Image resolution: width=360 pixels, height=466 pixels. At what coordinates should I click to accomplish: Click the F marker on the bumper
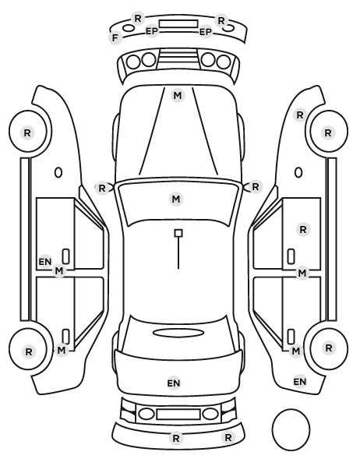115,38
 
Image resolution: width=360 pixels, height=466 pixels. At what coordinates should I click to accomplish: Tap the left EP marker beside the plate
152,31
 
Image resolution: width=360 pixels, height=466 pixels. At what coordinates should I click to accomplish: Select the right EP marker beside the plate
206,31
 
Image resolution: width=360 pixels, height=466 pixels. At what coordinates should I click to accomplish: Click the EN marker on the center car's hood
174,383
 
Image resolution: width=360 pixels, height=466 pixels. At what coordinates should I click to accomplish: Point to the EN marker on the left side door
45,262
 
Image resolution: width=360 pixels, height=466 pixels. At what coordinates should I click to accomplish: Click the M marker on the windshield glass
176,199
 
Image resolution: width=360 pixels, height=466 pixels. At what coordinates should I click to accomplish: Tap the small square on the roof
178,233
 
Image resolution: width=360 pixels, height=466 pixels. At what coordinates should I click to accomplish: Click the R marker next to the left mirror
101,188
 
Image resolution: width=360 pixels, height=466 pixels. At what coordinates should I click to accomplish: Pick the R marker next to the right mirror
256,187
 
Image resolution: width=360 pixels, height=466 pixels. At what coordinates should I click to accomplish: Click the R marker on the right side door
303,229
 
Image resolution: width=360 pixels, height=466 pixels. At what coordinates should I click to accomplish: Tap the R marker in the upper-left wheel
27,132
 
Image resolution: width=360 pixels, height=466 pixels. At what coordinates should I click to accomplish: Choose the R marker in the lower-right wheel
328,348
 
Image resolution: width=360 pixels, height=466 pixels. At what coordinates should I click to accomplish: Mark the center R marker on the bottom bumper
176,438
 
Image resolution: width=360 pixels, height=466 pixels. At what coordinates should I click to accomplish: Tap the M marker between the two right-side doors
302,273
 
